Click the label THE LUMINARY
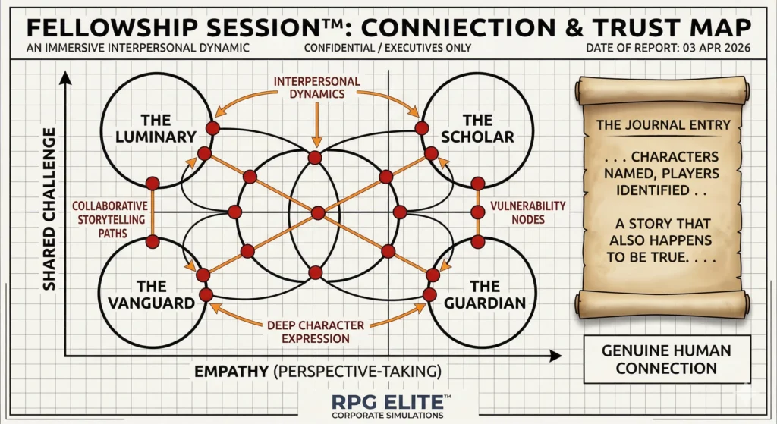pos(156,128)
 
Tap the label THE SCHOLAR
pos(477,128)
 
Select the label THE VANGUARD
pos(152,295)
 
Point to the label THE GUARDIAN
pos(485,295)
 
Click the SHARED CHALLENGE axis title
pos(49,209)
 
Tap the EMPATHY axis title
pos(318,372)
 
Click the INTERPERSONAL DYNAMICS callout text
pos(317,88)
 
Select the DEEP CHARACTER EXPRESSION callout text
pos(316,332)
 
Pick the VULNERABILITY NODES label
pos(528,212)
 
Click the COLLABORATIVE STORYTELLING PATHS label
pos(111,219)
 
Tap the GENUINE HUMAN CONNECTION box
pos(666,360)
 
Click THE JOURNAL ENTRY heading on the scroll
pos(663,125)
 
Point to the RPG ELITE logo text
pos(388,401)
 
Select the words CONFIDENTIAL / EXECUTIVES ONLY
pos(388,48)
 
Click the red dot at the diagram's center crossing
pos(318,213)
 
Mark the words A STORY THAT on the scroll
pos(663,224)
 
